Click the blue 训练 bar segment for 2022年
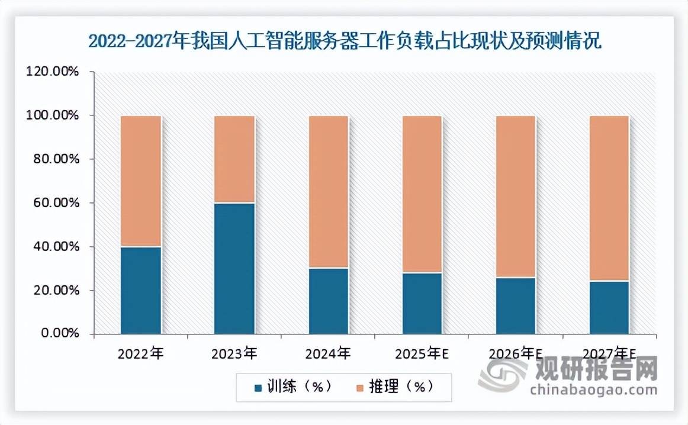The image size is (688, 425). coord(141,290)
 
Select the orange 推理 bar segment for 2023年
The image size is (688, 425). coord(234,159)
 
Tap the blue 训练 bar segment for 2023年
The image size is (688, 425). coord(234,268)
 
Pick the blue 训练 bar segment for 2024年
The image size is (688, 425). coord(328,301)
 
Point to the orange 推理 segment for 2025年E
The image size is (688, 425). coord(422,194)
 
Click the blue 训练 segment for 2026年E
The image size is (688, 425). coord(516,305)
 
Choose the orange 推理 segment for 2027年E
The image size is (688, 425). coord(609,198)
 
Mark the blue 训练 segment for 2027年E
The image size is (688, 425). coord(609,307)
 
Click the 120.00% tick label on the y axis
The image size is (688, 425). coord(53,72)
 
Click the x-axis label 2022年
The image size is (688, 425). coord(140,354)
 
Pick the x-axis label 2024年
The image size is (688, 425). coord(328,354)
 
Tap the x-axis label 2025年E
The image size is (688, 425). coord(422,354)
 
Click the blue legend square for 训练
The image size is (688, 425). coord(258,388)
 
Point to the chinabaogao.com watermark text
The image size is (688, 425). coord(593,389)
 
